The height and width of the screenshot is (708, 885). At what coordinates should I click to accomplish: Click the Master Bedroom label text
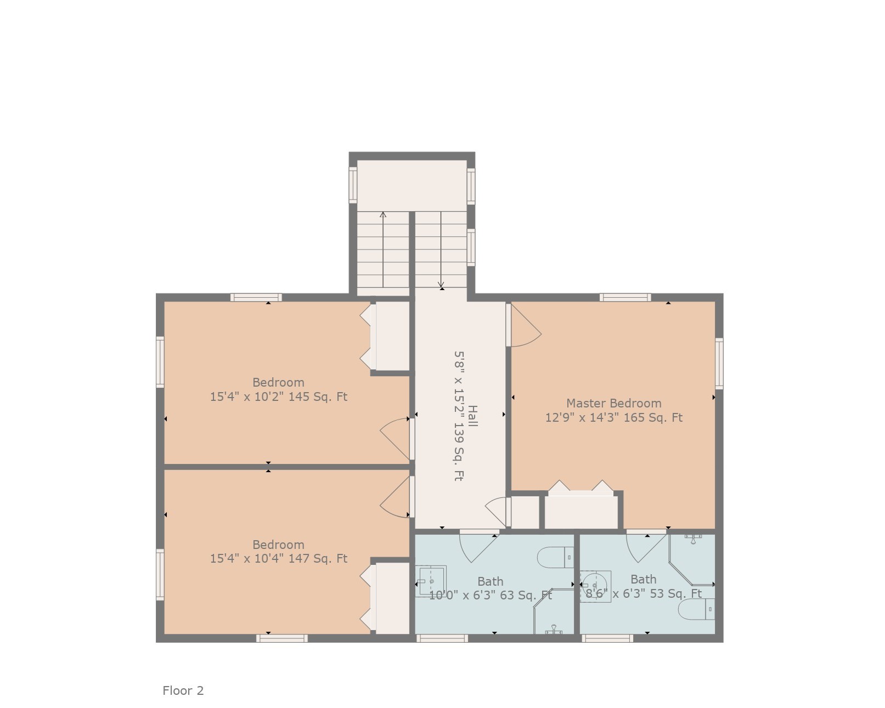tap(613, 403)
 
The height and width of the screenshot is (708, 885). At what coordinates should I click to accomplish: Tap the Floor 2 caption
tap(183, 690)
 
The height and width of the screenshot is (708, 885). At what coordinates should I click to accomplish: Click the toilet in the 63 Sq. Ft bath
tap(555, 557)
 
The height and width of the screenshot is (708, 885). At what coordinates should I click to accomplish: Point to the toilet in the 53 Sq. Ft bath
tap(696, 609)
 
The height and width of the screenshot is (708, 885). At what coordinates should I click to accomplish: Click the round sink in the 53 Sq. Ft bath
tap(595, 586)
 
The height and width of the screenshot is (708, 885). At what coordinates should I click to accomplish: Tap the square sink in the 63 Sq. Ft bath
tap(431, 581)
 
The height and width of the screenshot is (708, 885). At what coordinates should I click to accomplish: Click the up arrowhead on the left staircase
tap(383, 214)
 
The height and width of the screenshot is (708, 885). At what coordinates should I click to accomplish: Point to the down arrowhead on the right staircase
tap(441, 285)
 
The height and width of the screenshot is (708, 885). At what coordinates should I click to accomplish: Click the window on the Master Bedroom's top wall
tap(625, 297)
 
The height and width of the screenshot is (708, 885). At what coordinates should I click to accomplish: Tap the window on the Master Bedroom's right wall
tap(719, 364)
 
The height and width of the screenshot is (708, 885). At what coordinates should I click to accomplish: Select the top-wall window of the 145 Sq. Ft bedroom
tap(256, 297)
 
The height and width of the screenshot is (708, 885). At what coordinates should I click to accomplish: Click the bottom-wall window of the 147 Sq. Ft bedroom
tap(282, 638)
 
